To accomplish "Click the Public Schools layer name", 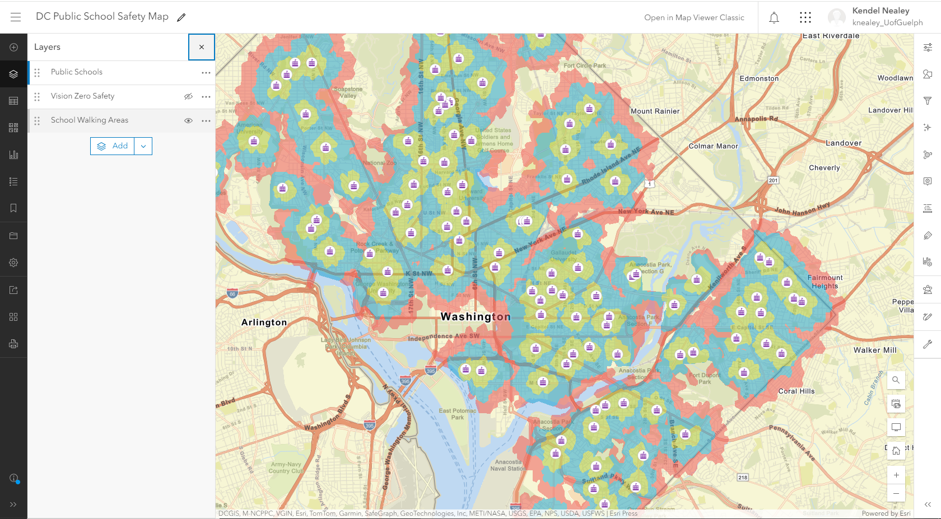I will point(77,72).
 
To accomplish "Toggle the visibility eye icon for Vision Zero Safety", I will point(188,96).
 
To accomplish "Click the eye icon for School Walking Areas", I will point(188,120).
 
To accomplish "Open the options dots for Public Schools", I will point(206,73).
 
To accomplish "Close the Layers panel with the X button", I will point(202,47).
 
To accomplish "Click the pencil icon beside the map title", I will point(181,17).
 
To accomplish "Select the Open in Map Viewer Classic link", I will point(694,18).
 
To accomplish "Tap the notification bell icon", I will point(774,18).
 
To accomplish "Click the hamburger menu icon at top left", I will point(16,17).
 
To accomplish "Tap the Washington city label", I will point(476,317).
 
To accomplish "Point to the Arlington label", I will point(264,322).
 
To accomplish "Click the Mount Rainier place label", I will point(655,111).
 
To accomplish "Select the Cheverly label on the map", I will point(824,168).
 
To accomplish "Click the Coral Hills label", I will point(796,391).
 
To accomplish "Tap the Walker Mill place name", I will point(874,350).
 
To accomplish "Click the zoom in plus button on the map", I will point(896,475).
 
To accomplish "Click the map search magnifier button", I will point(896,380).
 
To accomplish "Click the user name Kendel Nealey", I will point(881,11).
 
